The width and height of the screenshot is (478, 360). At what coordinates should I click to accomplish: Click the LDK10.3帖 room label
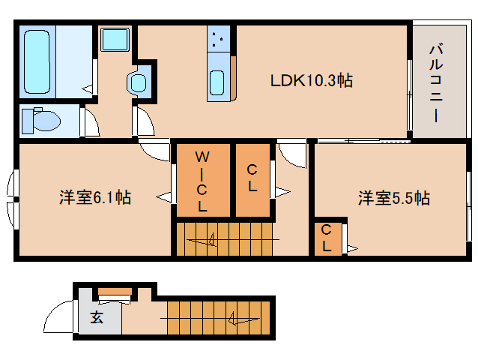(x=312, y=80)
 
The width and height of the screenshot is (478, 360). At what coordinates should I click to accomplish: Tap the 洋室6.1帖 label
(x=96, y=198)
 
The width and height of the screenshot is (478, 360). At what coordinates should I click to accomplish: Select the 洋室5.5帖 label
(x=393, y=198)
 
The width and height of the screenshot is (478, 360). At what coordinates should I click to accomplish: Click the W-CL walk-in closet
(x=202, y=180)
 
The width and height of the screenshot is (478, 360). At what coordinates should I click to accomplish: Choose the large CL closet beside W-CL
(x=252, y=179)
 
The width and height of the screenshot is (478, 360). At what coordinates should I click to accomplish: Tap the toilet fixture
(x=41, y=120)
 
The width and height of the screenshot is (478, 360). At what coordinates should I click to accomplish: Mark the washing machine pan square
(x=115, y=40)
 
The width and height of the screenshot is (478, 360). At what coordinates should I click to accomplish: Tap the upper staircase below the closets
(x=226, y=239)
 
